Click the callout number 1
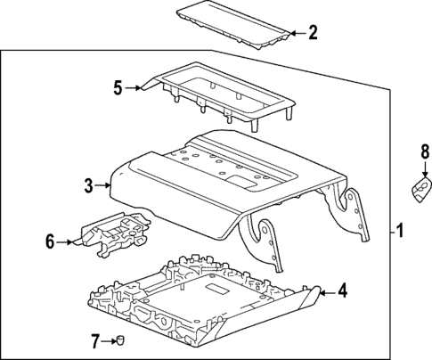400,233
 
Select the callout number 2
312,34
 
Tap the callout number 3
88,185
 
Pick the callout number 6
50,240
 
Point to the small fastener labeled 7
119,339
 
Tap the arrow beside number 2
295,34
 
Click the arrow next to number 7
109,339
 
